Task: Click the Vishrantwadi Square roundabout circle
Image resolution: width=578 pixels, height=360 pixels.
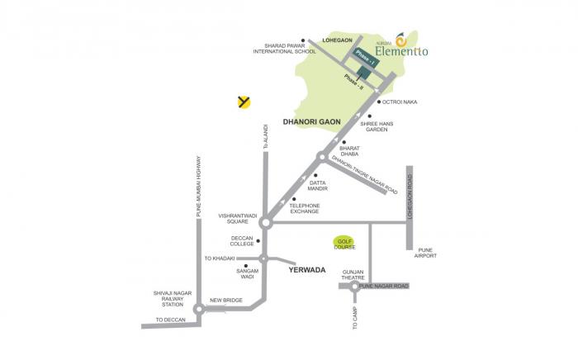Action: (x=265, y=222)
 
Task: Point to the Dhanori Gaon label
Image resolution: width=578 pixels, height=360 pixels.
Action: (x=312, y=121)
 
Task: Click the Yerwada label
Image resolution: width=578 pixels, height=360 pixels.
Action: (x=307, y=270)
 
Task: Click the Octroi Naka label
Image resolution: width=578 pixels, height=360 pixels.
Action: (x=400, y=102)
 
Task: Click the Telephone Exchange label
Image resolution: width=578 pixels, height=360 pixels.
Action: (x=303, y=209)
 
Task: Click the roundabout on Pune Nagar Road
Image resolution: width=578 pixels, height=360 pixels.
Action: (x=356, y=288)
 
